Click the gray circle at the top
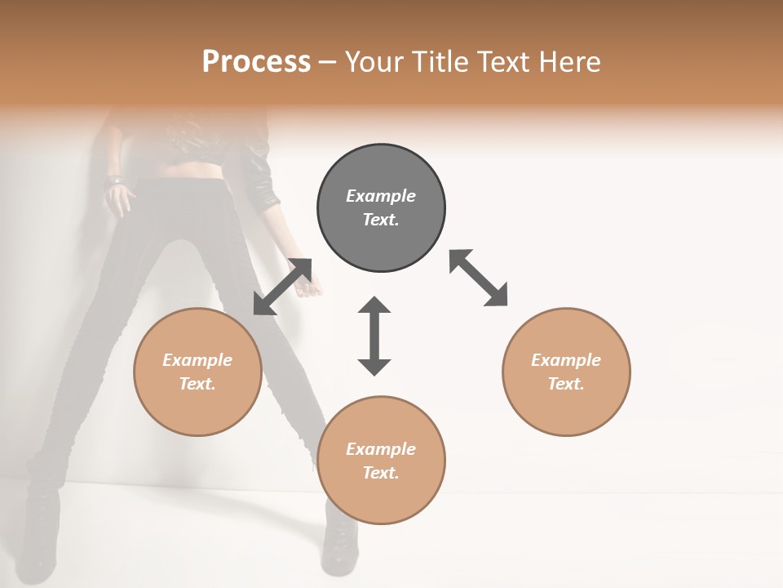click(381, 208)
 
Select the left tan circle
click(197, 372)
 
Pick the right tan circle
click(566, 372)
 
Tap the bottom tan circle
click(381, 461)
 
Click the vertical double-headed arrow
click(374, 336)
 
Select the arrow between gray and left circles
click(282, 287)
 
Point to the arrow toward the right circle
click(478, 278)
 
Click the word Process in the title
click(256, 61)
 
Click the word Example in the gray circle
click(381, 196)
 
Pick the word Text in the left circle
click(197, 384)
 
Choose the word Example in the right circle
click(566, 360)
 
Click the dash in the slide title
click(327, 62)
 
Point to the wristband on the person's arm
click(114, 179)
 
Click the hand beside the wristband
click(121, 198)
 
